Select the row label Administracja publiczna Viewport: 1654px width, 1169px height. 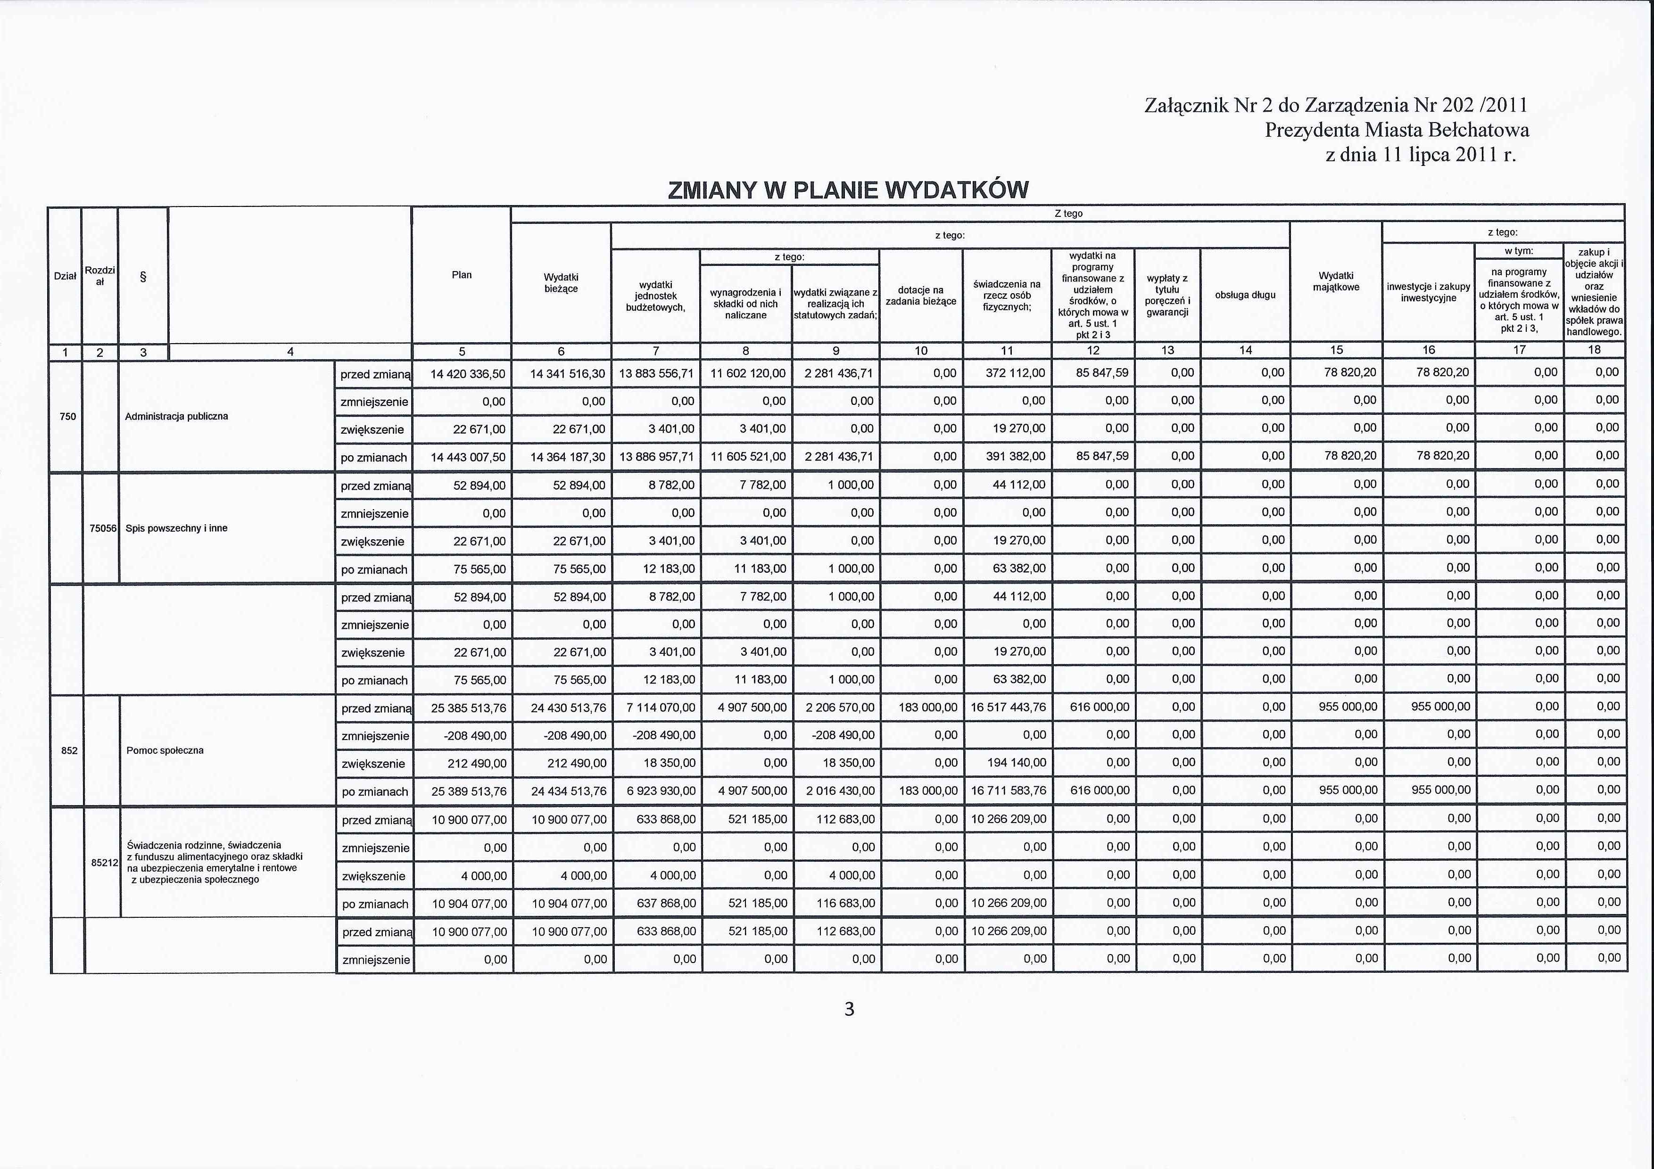pyautogui.click(x=176, y=416)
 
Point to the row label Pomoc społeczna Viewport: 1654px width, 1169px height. pyautogui.click(x=165, y=750)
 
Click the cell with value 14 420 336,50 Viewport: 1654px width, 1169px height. pyautogui.click(x=468, y=374)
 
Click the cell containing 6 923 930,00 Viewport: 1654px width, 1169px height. pyautogui.click(x=661, y=791)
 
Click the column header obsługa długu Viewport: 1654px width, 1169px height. pyautogui.click(x=1245, y=295)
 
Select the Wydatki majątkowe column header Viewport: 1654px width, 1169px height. pyautogui.click(x=1336, y=281)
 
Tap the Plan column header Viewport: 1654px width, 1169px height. pyautogui.click(x=462, y=274)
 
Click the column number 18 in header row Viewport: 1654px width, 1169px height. pyautogui.click(x=1594, y=350)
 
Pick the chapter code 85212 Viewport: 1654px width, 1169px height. pyautogui.click(x=104, y=862)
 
